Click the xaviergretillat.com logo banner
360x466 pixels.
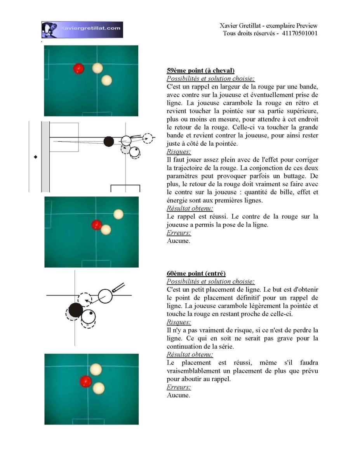(82, 30)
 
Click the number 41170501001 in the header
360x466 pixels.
(299, 33)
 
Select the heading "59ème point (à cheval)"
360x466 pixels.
(200, 71)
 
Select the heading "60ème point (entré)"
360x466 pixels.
(196, 273)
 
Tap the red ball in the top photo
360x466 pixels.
(79, 69)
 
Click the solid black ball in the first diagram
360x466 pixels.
(109, 141)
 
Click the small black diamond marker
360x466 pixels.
(36, 157)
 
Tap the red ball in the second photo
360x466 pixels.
(97, 225)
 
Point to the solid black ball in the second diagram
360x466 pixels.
(76, 310)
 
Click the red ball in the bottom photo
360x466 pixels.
(86, 381)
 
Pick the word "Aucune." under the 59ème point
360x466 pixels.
(178, 241)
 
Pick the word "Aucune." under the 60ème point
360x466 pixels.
(178, 395)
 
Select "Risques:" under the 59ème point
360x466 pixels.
(179, 152)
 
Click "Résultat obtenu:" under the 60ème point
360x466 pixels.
(190, 355)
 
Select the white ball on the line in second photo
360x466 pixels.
(118, 214)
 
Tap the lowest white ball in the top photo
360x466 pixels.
(106, 80)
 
